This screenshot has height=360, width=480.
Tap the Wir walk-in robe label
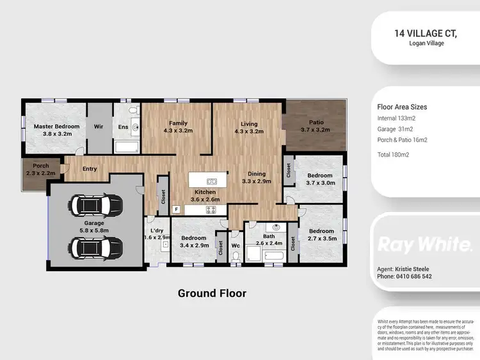pyautogui.click(x=99, y=127)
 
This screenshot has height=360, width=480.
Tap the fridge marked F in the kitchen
pyautogui.click(x=177, y=208)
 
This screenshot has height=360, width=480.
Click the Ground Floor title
pyautogui.click(x=211, y=293)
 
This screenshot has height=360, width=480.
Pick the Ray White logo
pyautogui.click(x=425, y=244)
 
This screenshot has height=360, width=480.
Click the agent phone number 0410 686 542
pyautogui.click(x=404, y=276)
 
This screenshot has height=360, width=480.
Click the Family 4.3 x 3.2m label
pyautogui.click(x=178, y=127)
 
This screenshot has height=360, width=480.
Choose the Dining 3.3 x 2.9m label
pyautogui.click(x=257, y=177)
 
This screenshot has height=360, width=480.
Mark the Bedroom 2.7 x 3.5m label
pyautogui.click(x=321, y=235)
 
